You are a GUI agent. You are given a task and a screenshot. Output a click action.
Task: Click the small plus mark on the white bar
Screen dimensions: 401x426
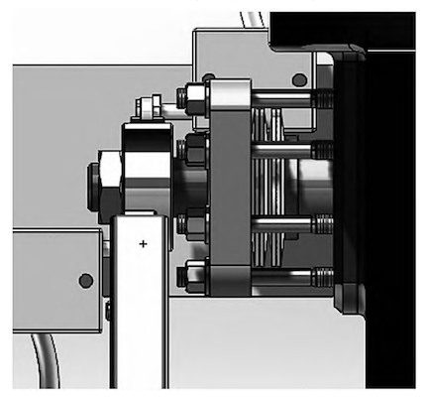[x=143, y=243]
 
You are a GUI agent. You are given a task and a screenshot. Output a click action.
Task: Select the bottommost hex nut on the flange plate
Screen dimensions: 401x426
[x=192, y=274]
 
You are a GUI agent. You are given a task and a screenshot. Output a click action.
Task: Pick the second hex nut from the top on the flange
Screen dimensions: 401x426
[x=194, y=151]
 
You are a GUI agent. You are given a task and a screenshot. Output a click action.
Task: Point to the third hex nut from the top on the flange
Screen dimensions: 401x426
[x=192, y=223]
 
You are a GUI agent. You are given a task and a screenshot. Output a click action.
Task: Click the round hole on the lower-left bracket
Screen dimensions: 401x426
[x=86, y=280]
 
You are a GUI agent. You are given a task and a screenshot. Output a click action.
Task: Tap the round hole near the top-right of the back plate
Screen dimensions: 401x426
[x=299, y=80]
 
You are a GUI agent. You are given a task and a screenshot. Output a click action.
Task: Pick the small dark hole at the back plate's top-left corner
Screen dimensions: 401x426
[x=207, y=77]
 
